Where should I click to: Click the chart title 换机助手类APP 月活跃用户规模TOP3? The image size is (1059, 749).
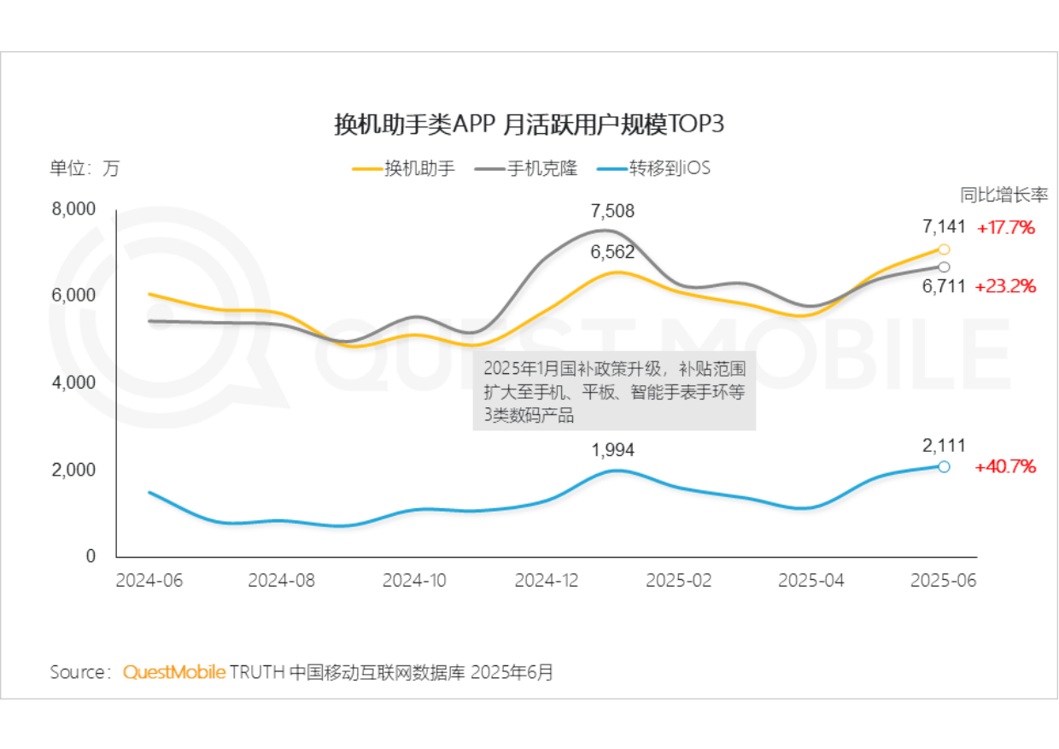529,126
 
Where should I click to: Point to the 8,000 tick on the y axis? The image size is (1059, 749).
75,208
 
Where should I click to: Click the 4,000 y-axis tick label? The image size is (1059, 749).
75,383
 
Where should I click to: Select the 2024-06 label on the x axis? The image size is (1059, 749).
149,581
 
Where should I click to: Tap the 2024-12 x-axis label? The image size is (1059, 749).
547,581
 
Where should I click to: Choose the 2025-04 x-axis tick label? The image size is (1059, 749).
811,581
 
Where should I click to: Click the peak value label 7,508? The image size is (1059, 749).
612,211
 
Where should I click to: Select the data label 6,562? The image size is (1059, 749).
612,251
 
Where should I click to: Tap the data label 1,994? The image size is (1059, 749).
613,449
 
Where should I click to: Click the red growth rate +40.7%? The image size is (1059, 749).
1006,467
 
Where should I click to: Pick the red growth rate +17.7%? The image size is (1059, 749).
1006,228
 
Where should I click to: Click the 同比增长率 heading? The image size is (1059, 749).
1004,195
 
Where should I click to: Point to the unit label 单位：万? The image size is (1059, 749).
85,168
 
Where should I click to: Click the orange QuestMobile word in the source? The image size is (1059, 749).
174,672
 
